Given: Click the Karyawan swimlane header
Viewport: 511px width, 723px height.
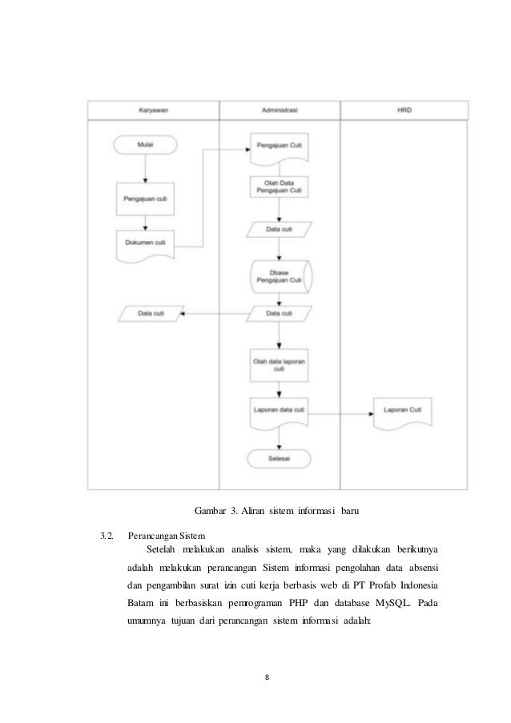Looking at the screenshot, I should coord(152,110).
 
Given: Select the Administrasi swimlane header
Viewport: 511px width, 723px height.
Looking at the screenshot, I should coord(280,110).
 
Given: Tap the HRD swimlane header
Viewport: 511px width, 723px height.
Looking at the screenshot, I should coord(404,110).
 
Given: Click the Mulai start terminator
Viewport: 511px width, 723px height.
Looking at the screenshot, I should coord(145,145).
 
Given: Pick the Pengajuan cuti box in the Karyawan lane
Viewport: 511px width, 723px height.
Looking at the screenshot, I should coord(145,197).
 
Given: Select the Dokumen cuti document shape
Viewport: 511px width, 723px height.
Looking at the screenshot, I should coord(145,243).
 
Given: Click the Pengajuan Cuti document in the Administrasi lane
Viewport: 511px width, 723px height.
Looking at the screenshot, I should coord(279,147).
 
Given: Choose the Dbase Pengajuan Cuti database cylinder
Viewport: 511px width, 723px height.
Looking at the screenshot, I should coord(280,275).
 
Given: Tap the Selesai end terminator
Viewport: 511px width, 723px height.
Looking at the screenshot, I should coord(279,459).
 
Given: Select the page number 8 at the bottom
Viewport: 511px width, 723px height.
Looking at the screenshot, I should coord(267,678).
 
